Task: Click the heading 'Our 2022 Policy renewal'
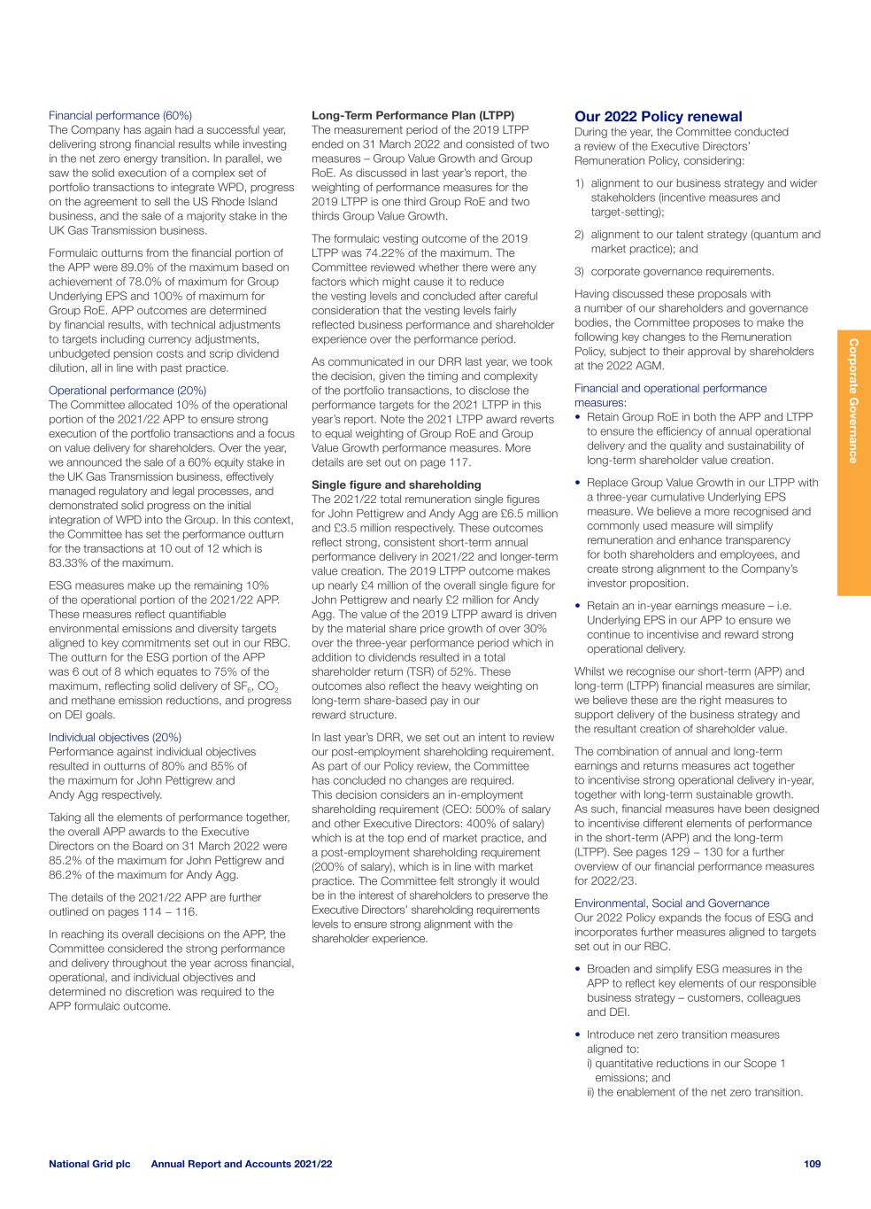pos(659,117)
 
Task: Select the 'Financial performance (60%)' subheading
pos(120,115)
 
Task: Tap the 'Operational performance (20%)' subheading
pos(127,391)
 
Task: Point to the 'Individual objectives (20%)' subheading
pos(115,737)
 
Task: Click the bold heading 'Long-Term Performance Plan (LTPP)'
pos(413,115)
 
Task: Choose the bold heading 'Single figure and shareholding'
pos(397,484)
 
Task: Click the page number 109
pos(812,1164)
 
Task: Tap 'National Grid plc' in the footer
pos(89,1164)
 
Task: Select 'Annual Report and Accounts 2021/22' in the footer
pos(242,1164)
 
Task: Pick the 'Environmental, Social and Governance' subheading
pos(672,903)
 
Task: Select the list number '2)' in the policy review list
pos(581,235)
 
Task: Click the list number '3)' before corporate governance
pos(581,272)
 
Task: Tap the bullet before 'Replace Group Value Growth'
pos(579,484)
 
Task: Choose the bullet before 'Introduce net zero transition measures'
pos(579,1035)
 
